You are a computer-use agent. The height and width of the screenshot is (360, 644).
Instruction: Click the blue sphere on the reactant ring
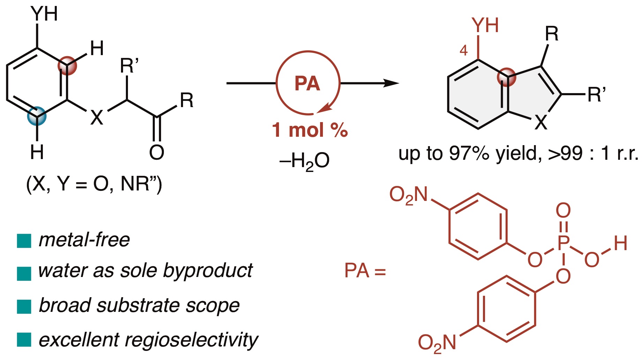37,116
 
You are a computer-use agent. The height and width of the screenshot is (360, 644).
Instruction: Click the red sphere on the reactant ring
67,65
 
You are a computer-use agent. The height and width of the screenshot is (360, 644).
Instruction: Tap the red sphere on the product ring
506,77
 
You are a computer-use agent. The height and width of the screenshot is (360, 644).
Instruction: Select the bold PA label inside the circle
307,84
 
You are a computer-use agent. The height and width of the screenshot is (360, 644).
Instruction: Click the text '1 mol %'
310,130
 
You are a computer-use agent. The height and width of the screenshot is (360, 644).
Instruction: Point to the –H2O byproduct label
304,162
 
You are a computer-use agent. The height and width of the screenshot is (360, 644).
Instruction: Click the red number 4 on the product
463,51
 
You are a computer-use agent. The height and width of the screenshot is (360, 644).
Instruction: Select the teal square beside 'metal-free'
24,241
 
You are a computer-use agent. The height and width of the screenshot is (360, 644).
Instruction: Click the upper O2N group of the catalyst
408,195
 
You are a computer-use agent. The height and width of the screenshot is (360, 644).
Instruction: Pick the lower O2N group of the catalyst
437,343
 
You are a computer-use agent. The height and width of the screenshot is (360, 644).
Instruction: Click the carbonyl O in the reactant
157,152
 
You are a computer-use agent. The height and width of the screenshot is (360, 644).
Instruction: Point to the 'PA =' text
365,271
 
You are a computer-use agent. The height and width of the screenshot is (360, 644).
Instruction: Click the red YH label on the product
485,25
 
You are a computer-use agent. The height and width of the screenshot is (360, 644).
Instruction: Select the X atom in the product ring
541,122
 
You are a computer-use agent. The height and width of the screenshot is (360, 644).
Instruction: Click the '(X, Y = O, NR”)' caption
94,184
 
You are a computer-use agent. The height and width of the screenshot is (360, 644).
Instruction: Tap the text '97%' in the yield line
469,153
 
